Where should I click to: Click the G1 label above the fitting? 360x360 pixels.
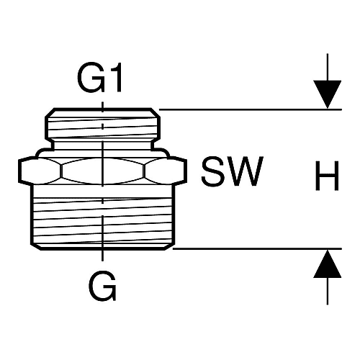pos(99,78)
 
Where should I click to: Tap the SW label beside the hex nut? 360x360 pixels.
pos(233,171)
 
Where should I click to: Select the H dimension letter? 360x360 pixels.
pos(327,176)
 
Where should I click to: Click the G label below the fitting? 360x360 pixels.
pos(102,286)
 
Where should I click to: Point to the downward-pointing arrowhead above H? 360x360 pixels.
pos(328,94)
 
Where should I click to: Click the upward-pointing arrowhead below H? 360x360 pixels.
pos(328,264)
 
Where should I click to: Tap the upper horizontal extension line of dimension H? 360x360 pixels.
pos(251,109)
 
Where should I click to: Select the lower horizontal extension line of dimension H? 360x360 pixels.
pos(257,248)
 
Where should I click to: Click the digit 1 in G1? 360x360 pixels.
pos(115,78)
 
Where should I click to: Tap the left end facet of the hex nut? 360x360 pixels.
pos(40,171)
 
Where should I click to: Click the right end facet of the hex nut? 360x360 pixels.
pos(165,171)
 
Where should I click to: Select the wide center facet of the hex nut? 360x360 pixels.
pos(102,171)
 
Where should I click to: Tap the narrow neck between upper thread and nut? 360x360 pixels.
pos(102,145)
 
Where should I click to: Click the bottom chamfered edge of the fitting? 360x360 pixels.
pos(102,247)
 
